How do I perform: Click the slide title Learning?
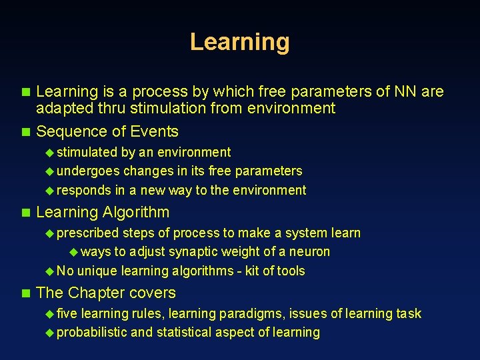pos(239,42)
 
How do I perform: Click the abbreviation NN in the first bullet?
pos(405,91)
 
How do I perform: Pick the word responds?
pos(84,191)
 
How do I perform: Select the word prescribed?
pos(88,233)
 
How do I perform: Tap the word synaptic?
pos(190,252)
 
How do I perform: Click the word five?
pos(67,313)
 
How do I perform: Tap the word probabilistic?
pos(92,333)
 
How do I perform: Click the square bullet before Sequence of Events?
pos(26,132)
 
